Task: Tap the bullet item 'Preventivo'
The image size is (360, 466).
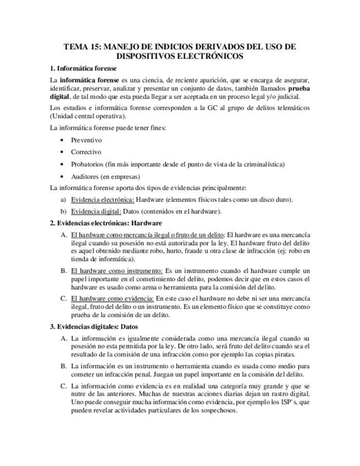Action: (x=86, y=140)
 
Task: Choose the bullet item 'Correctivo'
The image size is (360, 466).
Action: (x=86, y=152)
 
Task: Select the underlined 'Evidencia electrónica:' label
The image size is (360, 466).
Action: (x=102, y=199)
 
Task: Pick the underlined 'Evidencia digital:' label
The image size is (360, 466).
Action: (x=96, y=211)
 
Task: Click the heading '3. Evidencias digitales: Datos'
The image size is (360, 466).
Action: (x=94, y=326)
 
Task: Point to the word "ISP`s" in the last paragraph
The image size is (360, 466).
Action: (x=290, y=402)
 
